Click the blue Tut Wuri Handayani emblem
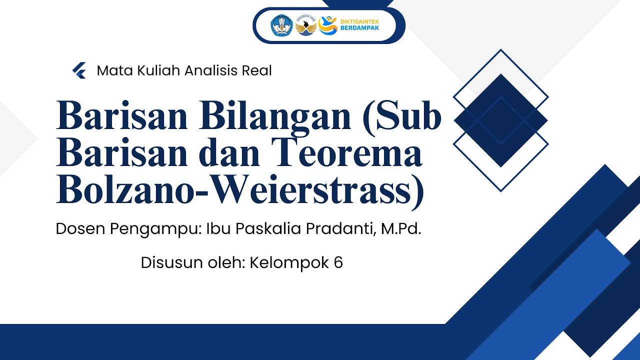click(x=280, y=25)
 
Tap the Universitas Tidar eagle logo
click(x=305, y=25)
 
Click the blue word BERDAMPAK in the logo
click(x=359, y=28)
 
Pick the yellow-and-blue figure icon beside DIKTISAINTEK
click(x=328, y=24)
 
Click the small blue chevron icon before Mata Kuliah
click(x=79, y=71)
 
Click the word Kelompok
click(x=288, y=263)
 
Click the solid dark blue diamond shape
click(x=500, y=120)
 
